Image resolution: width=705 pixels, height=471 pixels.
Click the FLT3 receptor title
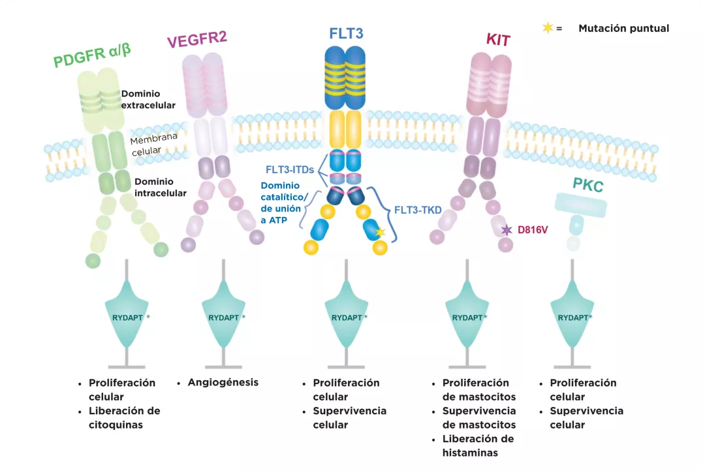[346, 33]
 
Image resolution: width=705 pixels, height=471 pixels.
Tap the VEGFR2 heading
[196, 39]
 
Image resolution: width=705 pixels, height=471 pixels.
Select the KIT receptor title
[497, 40]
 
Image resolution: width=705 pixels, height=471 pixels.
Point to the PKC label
[588, 186]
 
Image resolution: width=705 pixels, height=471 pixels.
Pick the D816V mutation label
[532, 230]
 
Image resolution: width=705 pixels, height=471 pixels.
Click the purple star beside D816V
[507, 230]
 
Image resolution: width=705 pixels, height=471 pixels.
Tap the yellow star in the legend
[548, 27]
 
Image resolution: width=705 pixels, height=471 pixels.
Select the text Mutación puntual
[623, 28]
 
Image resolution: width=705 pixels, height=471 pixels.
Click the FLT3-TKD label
[418, 211]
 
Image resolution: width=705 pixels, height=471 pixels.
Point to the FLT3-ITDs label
[290, 170]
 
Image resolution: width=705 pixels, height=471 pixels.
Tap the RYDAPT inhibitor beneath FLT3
[347, 318]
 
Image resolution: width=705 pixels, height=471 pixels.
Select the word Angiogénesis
[223, 382]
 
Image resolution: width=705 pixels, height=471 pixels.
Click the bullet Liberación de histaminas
[478, 446]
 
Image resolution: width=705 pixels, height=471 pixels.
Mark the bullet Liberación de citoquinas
[124, 418]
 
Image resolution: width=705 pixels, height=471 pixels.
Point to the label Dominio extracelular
[148, 99]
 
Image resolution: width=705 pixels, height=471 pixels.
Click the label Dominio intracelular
[161, 187]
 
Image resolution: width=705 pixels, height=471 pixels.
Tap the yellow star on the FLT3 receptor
[381, 232]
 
